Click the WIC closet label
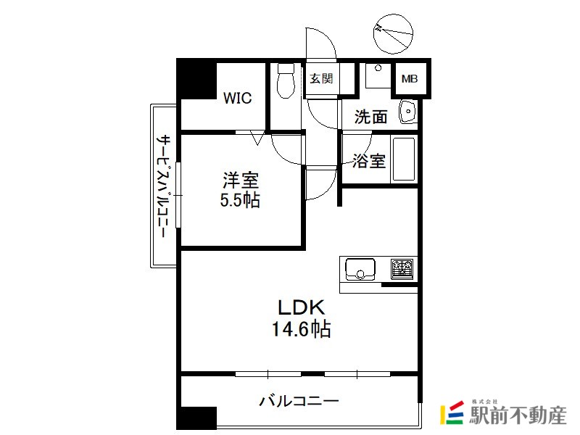coord(238,98)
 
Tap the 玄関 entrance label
coord(321,79)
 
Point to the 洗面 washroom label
coord(370,116)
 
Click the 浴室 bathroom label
coord(368,161)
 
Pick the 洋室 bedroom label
coord(241,179)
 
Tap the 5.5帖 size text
coord(241,200)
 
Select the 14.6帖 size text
coord(301,331)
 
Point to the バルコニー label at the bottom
coord(299,401)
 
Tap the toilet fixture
coord(285,81)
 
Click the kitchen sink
coord(359,268)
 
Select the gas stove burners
coord(402,268)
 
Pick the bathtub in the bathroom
coord(403,159)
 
